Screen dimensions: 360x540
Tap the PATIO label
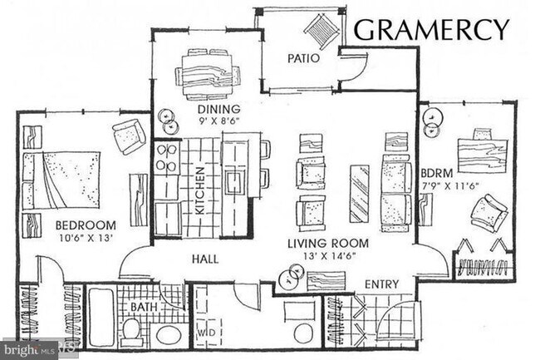(x=304, y=59)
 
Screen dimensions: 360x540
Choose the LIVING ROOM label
(x=326, y=243)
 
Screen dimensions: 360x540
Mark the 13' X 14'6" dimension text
(x=326, y=256)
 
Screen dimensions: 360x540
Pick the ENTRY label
(x=382, y=284)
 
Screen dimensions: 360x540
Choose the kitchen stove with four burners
(x=165, y=157)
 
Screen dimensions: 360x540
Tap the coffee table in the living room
(x=359, y=194)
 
